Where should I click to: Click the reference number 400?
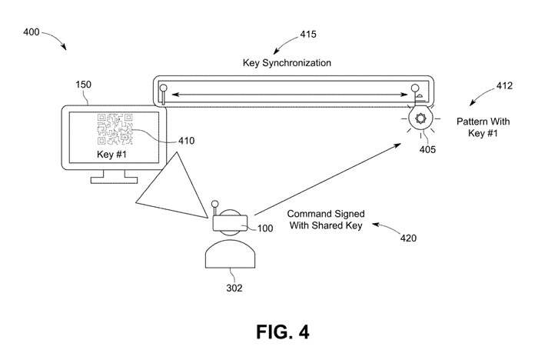point(32,33)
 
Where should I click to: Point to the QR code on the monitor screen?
point(115,129)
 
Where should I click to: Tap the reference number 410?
point(185,141)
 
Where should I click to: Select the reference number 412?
point(503,86)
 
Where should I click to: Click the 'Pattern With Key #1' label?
point(482,127)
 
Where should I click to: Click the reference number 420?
point(408,238)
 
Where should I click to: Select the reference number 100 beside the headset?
point(264,228)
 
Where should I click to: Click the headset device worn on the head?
point(230,222)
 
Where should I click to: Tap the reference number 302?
point(234,288)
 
